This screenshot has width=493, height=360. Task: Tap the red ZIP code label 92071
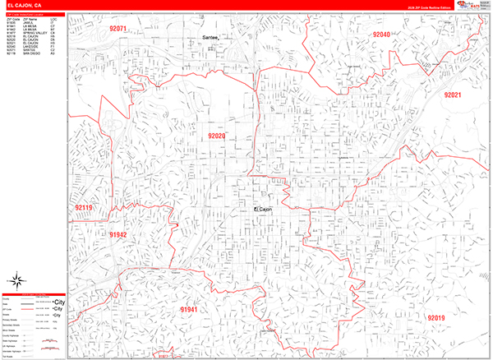point(118,30)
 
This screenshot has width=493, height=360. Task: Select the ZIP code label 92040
point(381,35)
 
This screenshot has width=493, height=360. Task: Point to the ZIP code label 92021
point(454,95)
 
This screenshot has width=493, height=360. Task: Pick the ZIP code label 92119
point(84,208)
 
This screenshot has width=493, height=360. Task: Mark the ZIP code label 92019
point(435,317)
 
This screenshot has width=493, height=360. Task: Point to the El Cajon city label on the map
point(262,210)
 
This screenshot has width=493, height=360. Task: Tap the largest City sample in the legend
point(58,302)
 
